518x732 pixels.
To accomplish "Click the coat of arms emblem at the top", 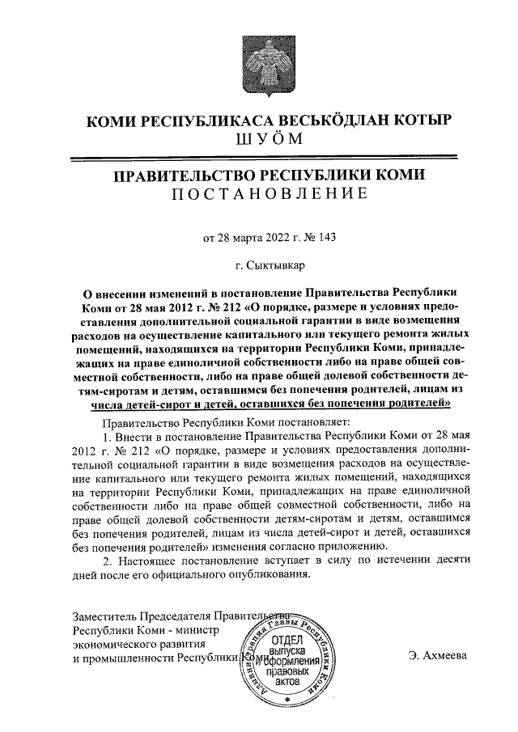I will click(x=259, y=62).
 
